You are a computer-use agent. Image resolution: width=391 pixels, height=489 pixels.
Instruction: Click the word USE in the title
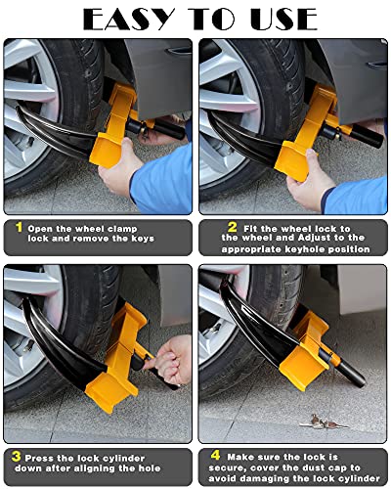click(282, 18)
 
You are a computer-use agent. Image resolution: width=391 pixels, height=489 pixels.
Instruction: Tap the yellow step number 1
click(18, 227)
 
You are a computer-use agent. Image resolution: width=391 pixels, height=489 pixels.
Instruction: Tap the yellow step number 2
click(209, 227)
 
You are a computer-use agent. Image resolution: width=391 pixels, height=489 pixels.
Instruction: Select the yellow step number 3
click(18, 456)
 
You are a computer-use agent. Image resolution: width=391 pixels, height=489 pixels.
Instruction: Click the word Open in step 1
click(42, 227)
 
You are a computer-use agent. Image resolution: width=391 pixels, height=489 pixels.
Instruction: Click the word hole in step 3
click(159, 467)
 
